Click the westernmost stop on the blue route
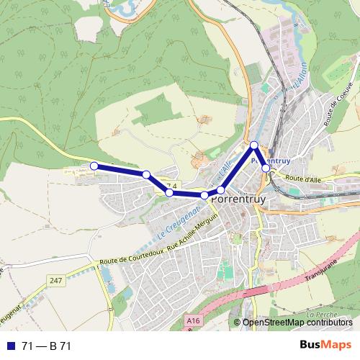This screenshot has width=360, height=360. coord(94,166)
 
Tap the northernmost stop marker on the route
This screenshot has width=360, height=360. coord(254,145)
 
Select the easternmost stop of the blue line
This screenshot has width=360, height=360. coord(266,168)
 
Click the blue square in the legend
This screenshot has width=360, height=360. coord(10,346)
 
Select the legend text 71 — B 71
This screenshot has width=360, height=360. coord(46,346)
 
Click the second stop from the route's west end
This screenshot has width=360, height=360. coord(146,174)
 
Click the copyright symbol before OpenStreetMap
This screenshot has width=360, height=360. coord(238,323)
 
